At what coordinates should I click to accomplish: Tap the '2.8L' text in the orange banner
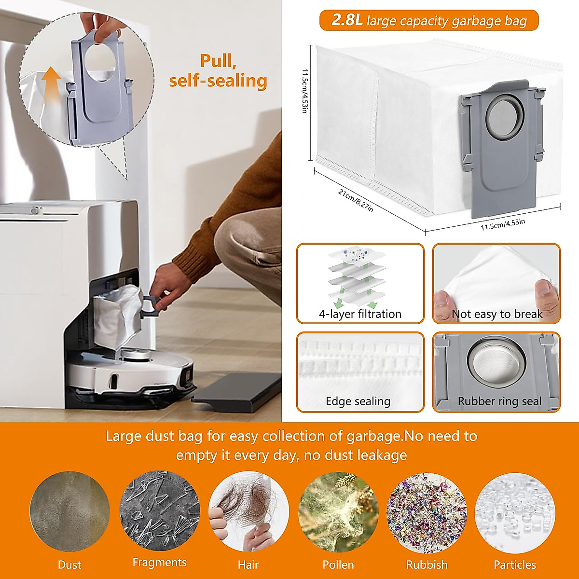click(346, 20)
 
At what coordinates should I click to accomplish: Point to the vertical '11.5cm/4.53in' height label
click(304, 91)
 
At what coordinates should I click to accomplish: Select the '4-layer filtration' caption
click(360, 314)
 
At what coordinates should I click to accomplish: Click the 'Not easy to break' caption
click(497, 314)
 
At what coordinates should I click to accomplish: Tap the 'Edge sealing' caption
click(358, 401)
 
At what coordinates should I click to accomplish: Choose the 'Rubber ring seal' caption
click(499, 401)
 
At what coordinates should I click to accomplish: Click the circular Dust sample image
click(69, 511)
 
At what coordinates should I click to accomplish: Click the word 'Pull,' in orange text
click(218, 61)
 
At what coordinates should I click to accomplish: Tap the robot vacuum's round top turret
click(133, 355)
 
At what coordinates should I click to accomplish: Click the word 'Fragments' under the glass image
click(159, 563)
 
